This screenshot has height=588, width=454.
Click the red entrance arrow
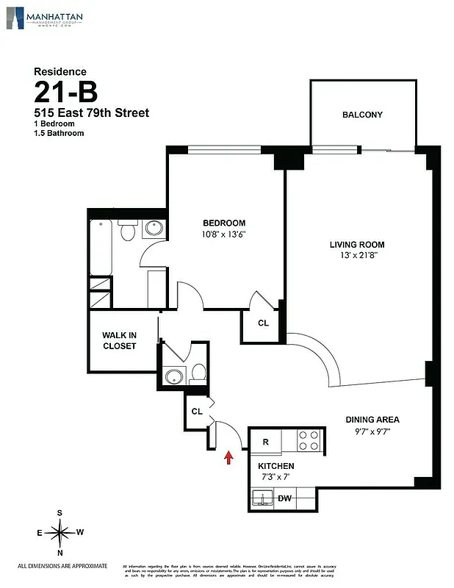tap(228, 457)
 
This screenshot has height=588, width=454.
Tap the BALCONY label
tap(362, 115)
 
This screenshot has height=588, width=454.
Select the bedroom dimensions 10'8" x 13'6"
tap(224, 235)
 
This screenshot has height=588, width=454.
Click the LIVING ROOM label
tap(356, 245)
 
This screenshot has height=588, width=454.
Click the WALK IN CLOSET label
tap(119, 340)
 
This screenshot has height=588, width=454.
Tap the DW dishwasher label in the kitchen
tap(284, 499)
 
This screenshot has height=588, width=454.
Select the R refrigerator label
tap(266, 442)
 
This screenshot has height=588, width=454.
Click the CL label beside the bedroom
tap(263, 323)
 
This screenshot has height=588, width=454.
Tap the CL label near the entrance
tap(196, 412)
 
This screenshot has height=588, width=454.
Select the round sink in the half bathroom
tap(174, 378)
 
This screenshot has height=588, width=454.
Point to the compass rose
tap(60, 531)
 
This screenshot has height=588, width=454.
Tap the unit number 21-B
tap(65, 93)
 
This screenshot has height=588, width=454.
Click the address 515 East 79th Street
tap(91, 112)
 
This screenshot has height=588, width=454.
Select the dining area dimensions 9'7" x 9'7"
tap(372, 431)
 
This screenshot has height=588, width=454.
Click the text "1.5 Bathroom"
tap(59, 133)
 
